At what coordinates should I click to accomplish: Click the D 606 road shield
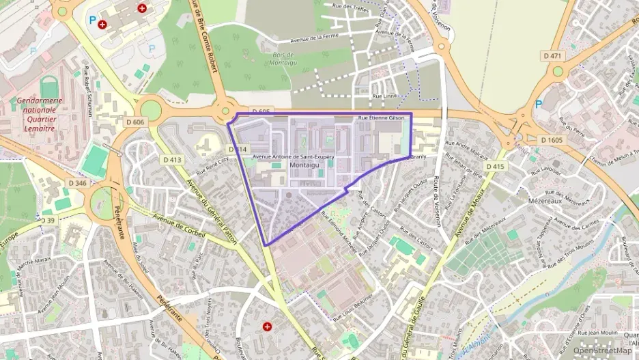[x=135, y=122]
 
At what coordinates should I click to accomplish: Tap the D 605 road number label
[x=261, y=111]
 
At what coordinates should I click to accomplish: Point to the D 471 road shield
[x=552, y=55]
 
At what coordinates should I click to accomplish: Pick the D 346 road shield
[x=78, y=183]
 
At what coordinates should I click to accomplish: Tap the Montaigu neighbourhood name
[x=304, y=165]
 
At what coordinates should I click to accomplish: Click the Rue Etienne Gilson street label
[x=381, y=118]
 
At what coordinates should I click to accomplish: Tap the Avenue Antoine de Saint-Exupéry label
[x=294, y=156]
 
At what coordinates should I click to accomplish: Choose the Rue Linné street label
[x=385, y=96]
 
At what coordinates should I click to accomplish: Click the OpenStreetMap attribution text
[x=602, y=350]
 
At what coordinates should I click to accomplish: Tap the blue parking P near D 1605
[x=538, y=104]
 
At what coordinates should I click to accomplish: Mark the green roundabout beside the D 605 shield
[x=226, y=111]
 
